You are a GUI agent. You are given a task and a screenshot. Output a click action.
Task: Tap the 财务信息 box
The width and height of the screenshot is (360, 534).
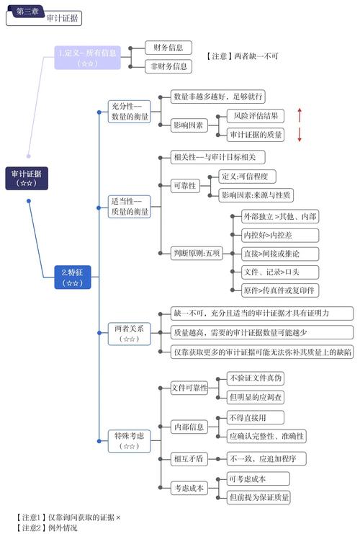pos(168,48)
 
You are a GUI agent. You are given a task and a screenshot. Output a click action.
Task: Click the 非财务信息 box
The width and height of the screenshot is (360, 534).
pos(168,66)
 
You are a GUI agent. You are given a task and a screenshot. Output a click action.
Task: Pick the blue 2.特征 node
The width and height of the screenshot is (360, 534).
pos(72,277)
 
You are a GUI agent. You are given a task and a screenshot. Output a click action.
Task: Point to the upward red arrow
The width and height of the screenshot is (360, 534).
pos(300,115)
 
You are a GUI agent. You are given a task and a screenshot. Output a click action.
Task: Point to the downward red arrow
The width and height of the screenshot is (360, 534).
pos(300,135)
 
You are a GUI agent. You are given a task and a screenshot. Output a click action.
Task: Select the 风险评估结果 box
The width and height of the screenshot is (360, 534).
pos(256,115)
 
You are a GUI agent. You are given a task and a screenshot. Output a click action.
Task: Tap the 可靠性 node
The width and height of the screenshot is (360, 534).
pos(184,186)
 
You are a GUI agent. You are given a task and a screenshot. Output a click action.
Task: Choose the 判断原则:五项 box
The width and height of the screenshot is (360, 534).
pos(197,253)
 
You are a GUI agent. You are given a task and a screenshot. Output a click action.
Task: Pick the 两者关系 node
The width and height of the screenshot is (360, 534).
pos(130,333)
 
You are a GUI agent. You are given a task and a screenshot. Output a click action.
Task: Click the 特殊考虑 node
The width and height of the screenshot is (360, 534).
pos(130,440)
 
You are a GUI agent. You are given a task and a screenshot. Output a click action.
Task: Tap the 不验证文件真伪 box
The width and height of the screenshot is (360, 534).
pos(256,378)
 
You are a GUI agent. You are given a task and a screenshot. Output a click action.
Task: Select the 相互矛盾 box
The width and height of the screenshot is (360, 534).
pos(188,458)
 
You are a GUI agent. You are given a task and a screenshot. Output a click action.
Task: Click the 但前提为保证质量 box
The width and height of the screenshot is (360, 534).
pos(259,497)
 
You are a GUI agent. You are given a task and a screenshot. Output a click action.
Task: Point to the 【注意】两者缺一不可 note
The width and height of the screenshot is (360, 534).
pos(242,55)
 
